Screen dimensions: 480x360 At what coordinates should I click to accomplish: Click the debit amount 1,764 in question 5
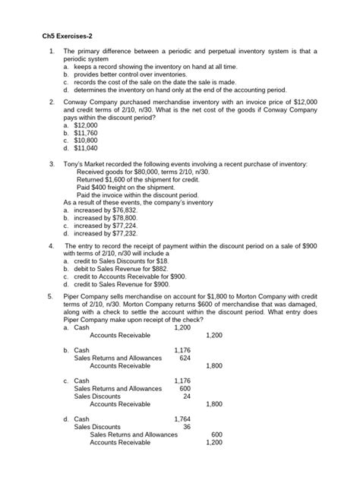(182, 418)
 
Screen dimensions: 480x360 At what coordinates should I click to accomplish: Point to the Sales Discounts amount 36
(187, 427)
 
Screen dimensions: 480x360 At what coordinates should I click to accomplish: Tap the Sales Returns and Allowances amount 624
(184, 358)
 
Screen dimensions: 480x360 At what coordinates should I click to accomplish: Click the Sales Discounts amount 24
(187, 396)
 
